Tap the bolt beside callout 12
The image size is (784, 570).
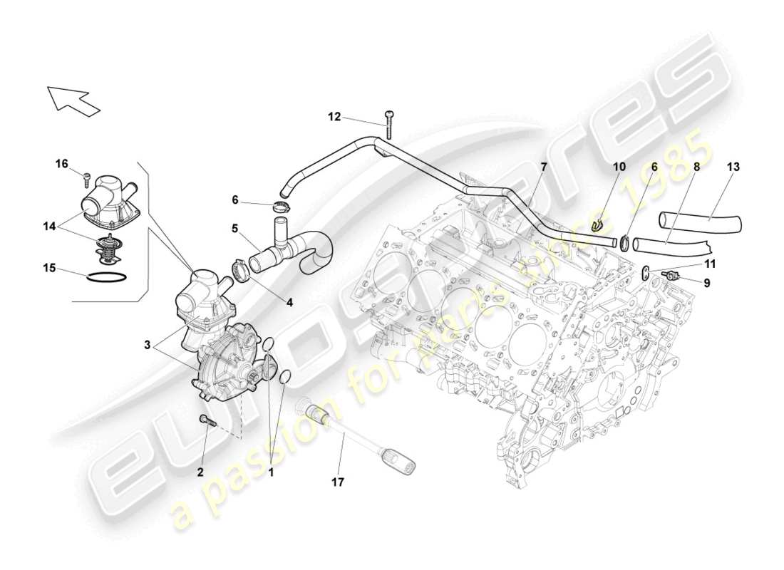tap(388, 125)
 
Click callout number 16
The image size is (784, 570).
tap(61, 163)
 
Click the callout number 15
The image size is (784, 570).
tap(48, 269)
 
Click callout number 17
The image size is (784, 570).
tap(337, 482)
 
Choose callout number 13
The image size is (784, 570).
tap(733, 167)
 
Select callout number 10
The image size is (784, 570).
tap(619, 167)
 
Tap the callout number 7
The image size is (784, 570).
tap(543, 167)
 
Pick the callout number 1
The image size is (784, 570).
tap(271, 471)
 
